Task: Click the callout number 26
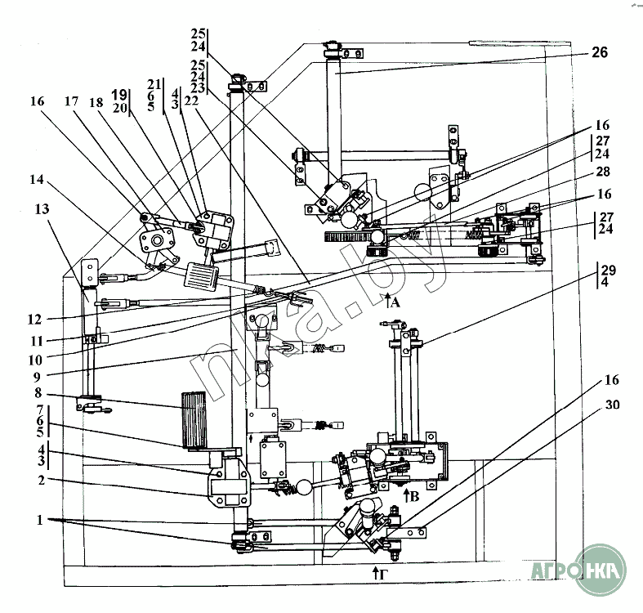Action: point(600,53)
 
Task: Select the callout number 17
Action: point(71,102)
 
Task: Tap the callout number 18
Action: point(98,102)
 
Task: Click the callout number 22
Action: point(192,101)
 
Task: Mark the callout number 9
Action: point(38,377)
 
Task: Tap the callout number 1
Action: point(38,519)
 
